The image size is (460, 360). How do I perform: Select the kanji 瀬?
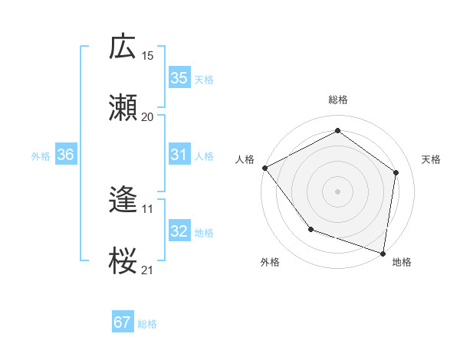[x=123, y=107]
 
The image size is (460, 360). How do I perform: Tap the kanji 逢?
[x=123, y=200]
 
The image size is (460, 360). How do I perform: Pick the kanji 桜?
[x=123, y=260]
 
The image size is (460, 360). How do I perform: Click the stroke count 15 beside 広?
[x=148, y=55]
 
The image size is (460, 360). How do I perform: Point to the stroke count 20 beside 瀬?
[x=148, y=116]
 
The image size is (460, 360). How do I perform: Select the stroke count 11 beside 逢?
[x=148, y=208]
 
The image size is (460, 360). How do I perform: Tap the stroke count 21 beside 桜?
[x=148, y=270]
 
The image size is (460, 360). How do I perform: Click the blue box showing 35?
[x=179, y=78]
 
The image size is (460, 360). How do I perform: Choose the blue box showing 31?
[x=179, y=155]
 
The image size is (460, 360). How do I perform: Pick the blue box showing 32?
[x=179, y=231]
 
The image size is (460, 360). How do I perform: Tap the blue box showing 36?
[x=66, y=155]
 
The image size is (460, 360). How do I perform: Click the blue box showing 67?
[x=122, y=322]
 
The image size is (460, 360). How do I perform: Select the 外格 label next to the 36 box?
[x=41, y=155]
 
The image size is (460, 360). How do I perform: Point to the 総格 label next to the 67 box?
[x=147, y=324]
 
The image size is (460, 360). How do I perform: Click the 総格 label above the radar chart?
[x=338, y=100]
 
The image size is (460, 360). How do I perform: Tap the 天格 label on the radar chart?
[x=432, y=159]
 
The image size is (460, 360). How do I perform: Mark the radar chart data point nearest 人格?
[x=264, y=168]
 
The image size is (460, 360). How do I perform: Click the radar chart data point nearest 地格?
[x=383, y=253]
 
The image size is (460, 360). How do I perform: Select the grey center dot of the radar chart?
[x=338, y=191]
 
